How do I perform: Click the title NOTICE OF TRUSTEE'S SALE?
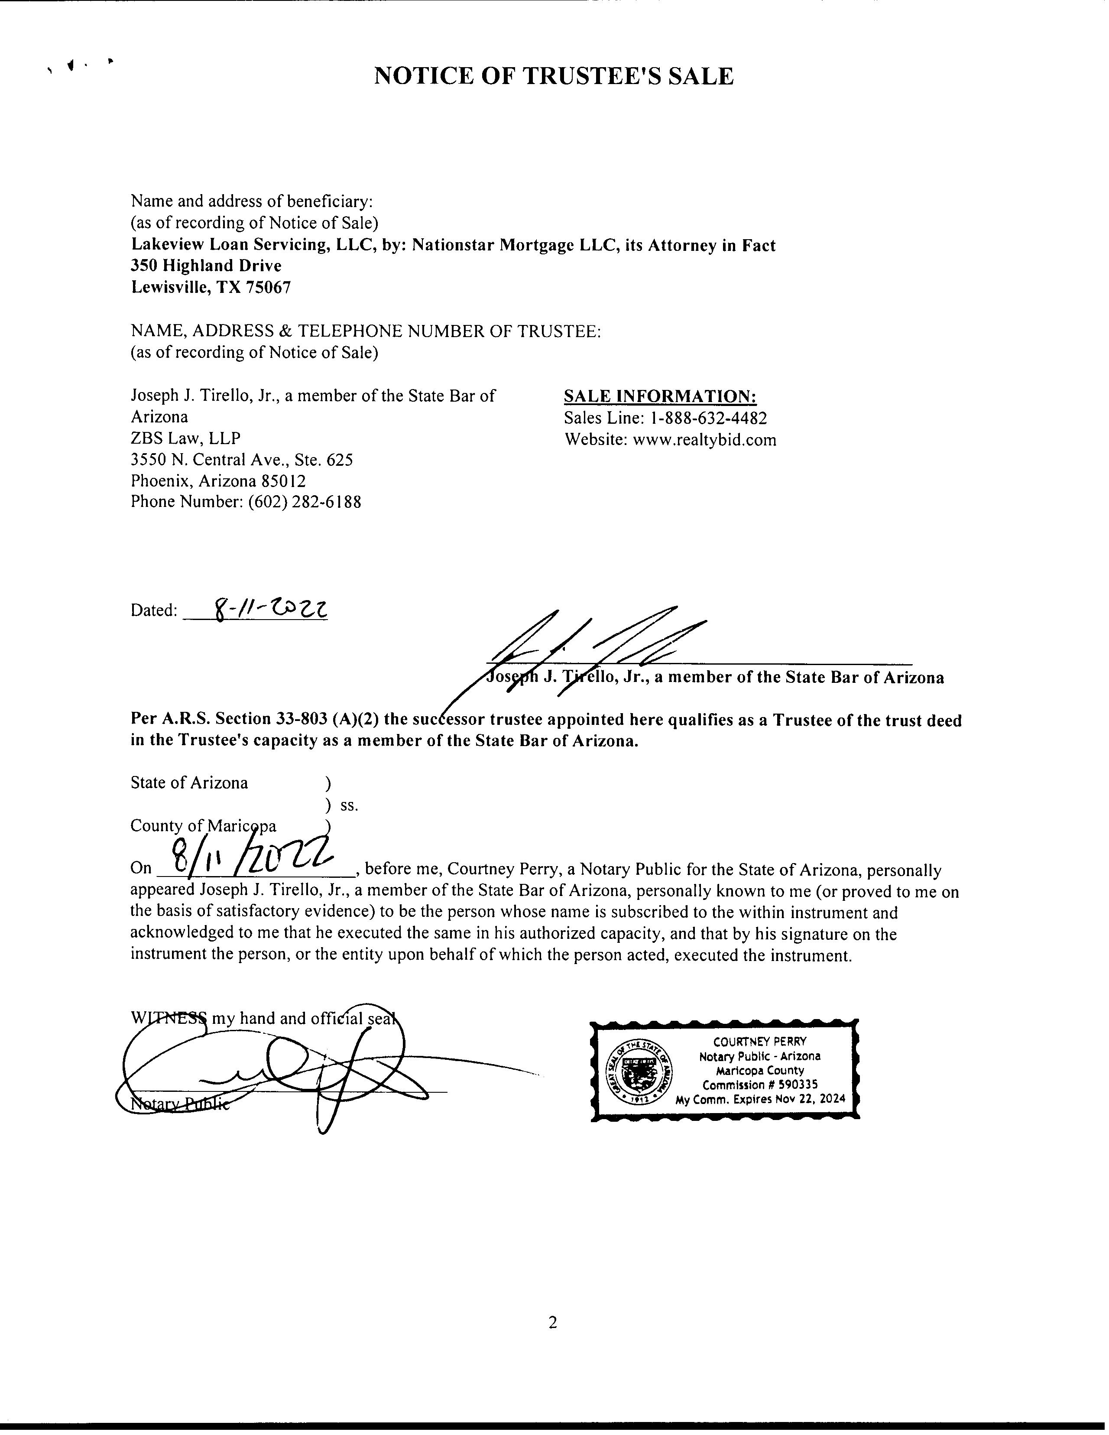(553, 77)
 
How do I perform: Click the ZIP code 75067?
(268, 287)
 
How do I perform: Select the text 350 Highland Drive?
(206, 266)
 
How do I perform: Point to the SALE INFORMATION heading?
(660, 396)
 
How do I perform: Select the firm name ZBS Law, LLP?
(185, 438)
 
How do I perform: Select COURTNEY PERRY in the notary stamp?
(759, 1042)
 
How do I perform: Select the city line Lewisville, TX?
(187, 287)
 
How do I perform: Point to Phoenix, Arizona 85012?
(218, 481)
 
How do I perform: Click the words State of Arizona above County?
(189, 782)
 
